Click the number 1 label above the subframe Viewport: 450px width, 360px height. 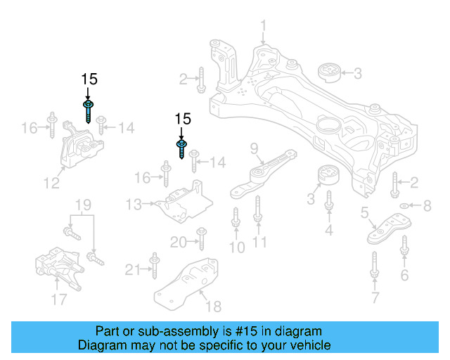264,27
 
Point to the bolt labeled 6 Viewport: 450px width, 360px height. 404,247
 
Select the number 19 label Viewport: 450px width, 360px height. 83,205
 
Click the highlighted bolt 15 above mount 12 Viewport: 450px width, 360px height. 88,110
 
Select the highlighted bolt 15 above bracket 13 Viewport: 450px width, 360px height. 182,148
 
